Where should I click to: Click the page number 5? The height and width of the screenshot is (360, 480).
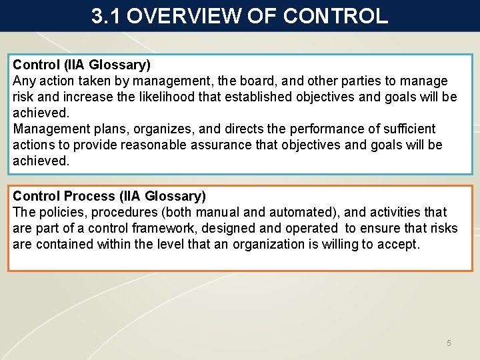coord(449,343)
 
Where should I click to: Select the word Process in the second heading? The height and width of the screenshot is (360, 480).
coord(90,196)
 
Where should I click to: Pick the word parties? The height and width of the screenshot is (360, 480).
coord(348,81)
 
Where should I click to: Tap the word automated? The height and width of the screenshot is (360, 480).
coord(303,212)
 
